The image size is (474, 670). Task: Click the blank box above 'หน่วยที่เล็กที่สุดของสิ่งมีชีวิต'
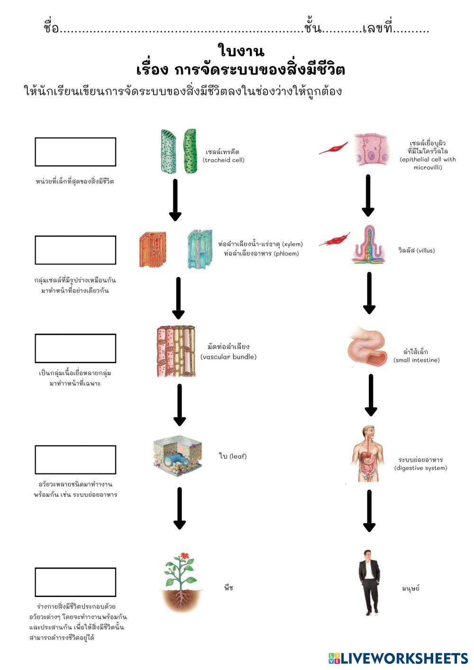(x=75, y=152)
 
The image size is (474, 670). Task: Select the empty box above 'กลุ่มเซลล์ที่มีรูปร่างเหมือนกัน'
(x=75, y=250)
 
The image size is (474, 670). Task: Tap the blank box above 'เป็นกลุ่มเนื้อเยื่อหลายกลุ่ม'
(x=75, y=348)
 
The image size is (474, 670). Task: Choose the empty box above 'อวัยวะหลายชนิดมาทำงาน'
(x=75, y=459)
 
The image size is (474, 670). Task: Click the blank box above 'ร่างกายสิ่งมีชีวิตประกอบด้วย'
(x=75, y=582)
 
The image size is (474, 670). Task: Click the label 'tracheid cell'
(x=223, y=160)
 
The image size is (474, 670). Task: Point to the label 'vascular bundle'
(x=228, y=357)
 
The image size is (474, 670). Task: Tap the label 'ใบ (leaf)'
(x=233, y=456)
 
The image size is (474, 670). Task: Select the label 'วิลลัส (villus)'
(x=416, y=250)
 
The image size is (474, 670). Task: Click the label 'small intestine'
(x=416, y=360)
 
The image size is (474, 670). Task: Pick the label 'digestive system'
(x=420, y=468)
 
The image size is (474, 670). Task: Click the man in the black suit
(x=368, y=582)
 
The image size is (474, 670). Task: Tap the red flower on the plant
(x=182, y=556)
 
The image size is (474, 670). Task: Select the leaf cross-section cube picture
(x=178, y=456)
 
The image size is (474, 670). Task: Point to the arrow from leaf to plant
(x=180, y=508)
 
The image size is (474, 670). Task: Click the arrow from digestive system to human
(x=369, y=511)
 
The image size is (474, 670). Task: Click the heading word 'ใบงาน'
(x=241, y=51)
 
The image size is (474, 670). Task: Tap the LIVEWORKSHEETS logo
(x=398, y=658)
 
